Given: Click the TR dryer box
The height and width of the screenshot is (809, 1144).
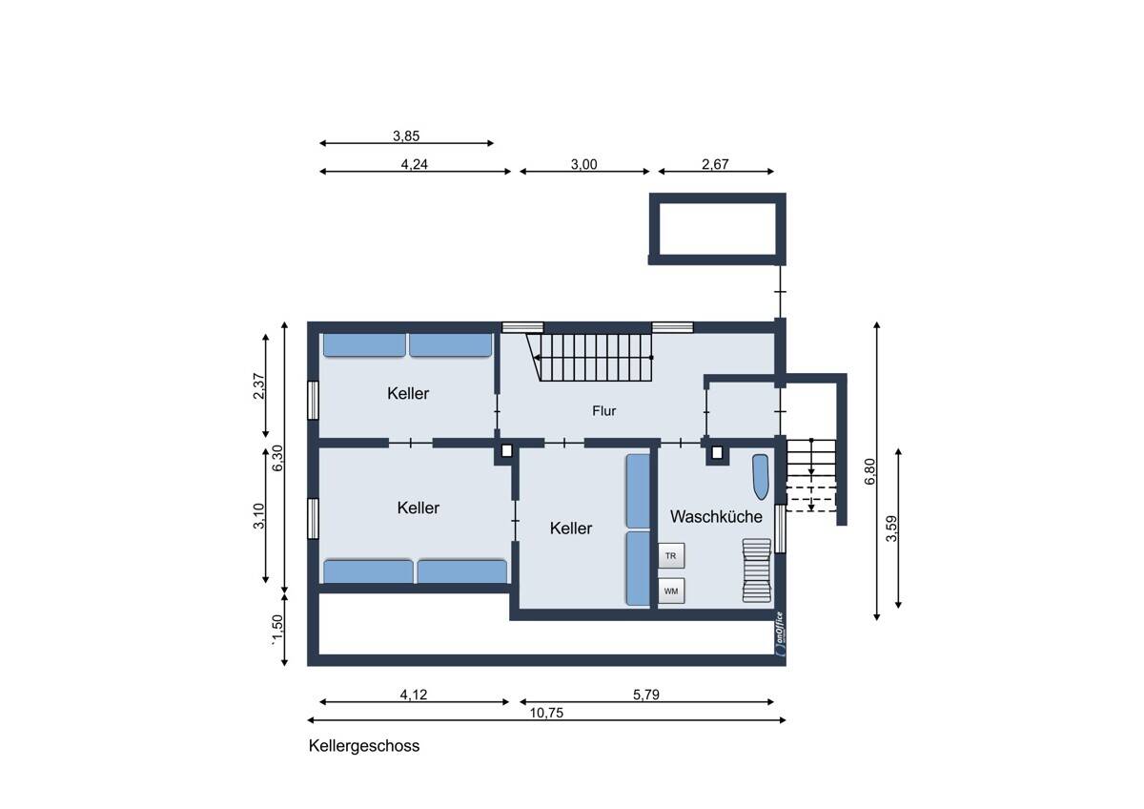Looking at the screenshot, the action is click(671, 555).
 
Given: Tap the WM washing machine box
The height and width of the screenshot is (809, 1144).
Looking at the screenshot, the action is click(671, 591).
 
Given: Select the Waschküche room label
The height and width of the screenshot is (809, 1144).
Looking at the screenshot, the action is click(716, 517).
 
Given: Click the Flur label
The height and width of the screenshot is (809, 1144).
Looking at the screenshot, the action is click(604, 411).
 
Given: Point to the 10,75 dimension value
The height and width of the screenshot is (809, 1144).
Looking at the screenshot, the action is click(546, 713).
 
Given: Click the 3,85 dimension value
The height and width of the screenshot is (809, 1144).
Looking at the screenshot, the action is click(406, 135).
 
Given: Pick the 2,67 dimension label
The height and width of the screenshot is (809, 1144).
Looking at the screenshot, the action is click(715, 164).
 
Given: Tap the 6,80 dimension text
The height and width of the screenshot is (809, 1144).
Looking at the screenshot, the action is click(869, 471).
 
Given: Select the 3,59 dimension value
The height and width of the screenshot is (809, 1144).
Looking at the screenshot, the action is click(891, 529).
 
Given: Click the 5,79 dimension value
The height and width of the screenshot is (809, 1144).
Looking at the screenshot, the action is click(646, 695).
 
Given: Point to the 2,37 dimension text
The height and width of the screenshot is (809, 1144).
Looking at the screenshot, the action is click(259, 385).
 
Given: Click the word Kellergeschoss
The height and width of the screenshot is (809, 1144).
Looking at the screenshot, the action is click(364, 746).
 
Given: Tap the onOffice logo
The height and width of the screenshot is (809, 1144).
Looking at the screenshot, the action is click(780, 633).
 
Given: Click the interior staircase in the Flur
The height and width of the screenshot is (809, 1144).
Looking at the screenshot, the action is click(590, 357).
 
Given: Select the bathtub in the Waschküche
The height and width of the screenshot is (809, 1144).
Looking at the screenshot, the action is click(761, 477).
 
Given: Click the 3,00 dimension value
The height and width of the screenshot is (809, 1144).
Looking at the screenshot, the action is click(583, 164).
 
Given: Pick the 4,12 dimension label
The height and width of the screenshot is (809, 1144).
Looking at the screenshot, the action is click(413, 695).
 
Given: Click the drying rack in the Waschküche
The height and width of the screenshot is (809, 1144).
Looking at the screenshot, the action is click(756, 570).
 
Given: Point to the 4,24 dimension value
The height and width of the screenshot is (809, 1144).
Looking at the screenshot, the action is click(414, 164).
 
